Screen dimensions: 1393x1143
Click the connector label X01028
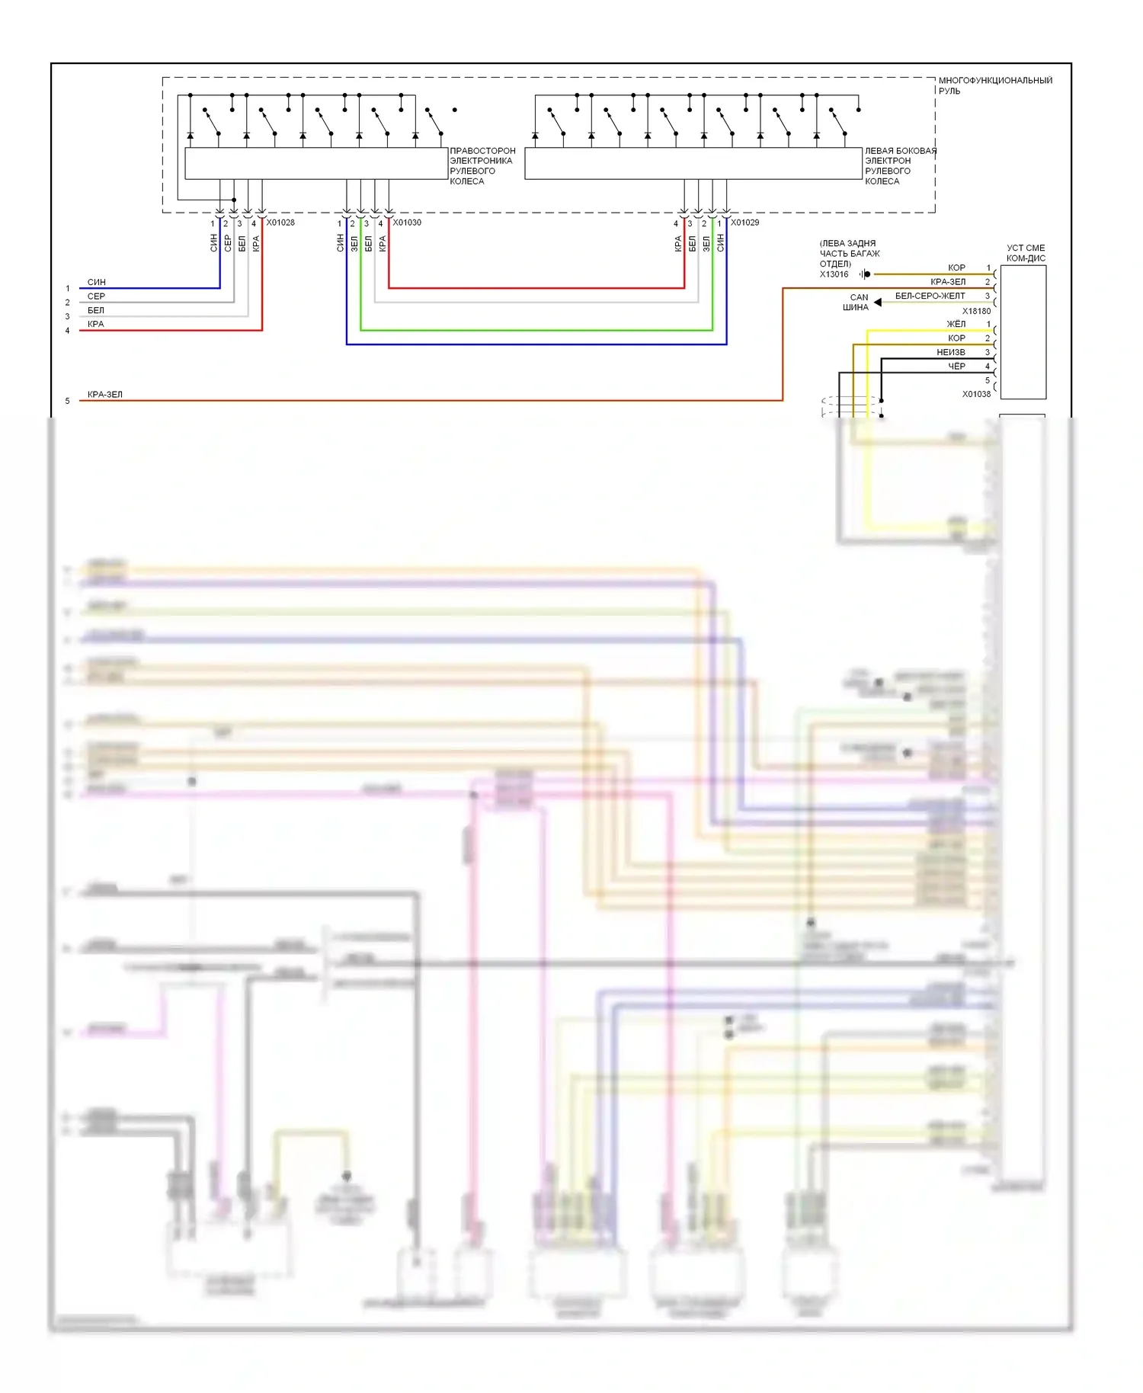pyautogui.click(x=280, y=223)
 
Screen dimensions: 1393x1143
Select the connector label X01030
pyautogui.click(x=407, y=223)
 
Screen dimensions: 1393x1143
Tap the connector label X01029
pyautogui.click(x=744, y=223)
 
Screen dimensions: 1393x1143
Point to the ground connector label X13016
pyautogui.click(x=834, y=274)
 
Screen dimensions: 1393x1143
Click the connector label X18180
pyautogui.click(x=976, y=311)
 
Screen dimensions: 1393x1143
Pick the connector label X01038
pyautogui.click(x=976, y=394)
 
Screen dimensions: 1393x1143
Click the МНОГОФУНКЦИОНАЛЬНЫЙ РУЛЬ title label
pyautogui.click(x=994, y=85)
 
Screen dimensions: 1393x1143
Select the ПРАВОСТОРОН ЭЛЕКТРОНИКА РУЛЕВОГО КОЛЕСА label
pyautogui.click(x=482, y=166)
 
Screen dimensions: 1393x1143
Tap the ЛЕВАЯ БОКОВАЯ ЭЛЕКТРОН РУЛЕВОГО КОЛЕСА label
pyautogui.click(x=900, y=166)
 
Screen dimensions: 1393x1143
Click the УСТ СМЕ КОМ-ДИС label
pyautogui.click(x=1026, y=253)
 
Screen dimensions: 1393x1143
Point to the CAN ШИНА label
pyautogui.click(x=856, y=303)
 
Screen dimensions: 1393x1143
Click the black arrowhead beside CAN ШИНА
pyautogui.click(x=878, y=303)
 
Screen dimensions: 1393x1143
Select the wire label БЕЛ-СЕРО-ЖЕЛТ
pyautogui.click(x=930, y=296)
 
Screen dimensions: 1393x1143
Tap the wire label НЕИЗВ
pyautogui.click(x=950, y=352)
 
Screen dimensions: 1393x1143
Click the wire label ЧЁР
pyautogui.click(x=956, y=367)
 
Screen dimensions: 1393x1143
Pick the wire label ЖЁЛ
pyautogui.click(x=956, y=324)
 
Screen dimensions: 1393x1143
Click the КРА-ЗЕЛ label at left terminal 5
pyautogui.click(x=104, y=395)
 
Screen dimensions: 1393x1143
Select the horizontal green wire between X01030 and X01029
pyautogui.click(x=533, y=331)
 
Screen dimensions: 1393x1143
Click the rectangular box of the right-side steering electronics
pyautogui.click(x=316, y=164)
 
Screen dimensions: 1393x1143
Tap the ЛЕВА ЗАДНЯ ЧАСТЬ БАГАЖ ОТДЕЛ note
pyautogui.click(x=849, y=254)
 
